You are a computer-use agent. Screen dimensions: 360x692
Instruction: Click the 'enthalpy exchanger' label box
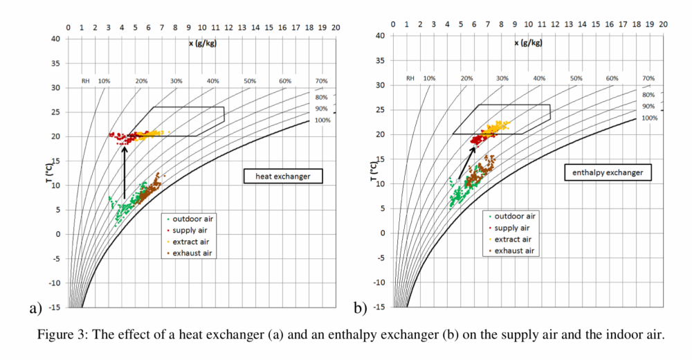pos(607,172)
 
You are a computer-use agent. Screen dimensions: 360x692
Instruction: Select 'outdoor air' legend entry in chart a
pos(188,219)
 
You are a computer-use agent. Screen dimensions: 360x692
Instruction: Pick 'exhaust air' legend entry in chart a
pos(188,253)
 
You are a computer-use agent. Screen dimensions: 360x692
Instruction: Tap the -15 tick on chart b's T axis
pos(380,307)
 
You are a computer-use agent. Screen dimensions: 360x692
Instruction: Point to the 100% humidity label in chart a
pos(323,120)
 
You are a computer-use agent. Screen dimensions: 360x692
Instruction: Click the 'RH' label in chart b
pos(410,78)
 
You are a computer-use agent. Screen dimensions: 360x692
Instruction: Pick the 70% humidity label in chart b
pos(648,78)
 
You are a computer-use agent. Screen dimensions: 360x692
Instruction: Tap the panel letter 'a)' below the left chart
pos(35,307)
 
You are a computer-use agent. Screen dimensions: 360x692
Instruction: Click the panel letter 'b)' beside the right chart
pos(360,307)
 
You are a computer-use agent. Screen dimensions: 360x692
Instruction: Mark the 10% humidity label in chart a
pos(104,81)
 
